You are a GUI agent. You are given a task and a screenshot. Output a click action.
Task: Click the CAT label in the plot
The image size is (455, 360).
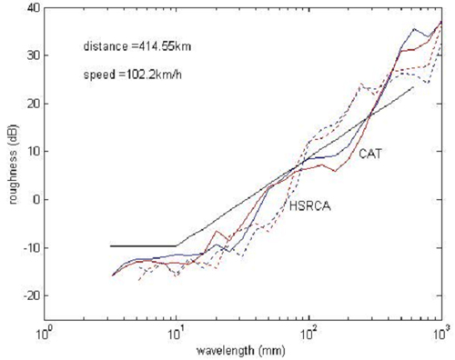point(369,154)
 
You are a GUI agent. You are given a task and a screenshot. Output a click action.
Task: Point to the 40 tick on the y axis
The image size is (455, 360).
point(29,8)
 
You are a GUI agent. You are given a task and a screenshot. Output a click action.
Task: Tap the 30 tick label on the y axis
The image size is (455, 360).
point(29,55)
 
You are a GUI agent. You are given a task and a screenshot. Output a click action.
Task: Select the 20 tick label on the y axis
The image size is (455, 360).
point(29,104)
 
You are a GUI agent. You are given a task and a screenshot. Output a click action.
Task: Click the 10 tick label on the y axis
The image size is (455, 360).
point(29,151)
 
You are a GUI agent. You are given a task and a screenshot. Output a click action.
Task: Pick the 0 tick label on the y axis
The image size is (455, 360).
point(33,199)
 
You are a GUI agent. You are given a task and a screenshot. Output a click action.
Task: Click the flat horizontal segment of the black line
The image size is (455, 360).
point(141,245)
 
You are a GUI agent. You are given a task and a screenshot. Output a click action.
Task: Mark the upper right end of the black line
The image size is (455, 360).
point(413,87)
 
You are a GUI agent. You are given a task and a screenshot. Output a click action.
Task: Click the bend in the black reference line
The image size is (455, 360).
point(177,245)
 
